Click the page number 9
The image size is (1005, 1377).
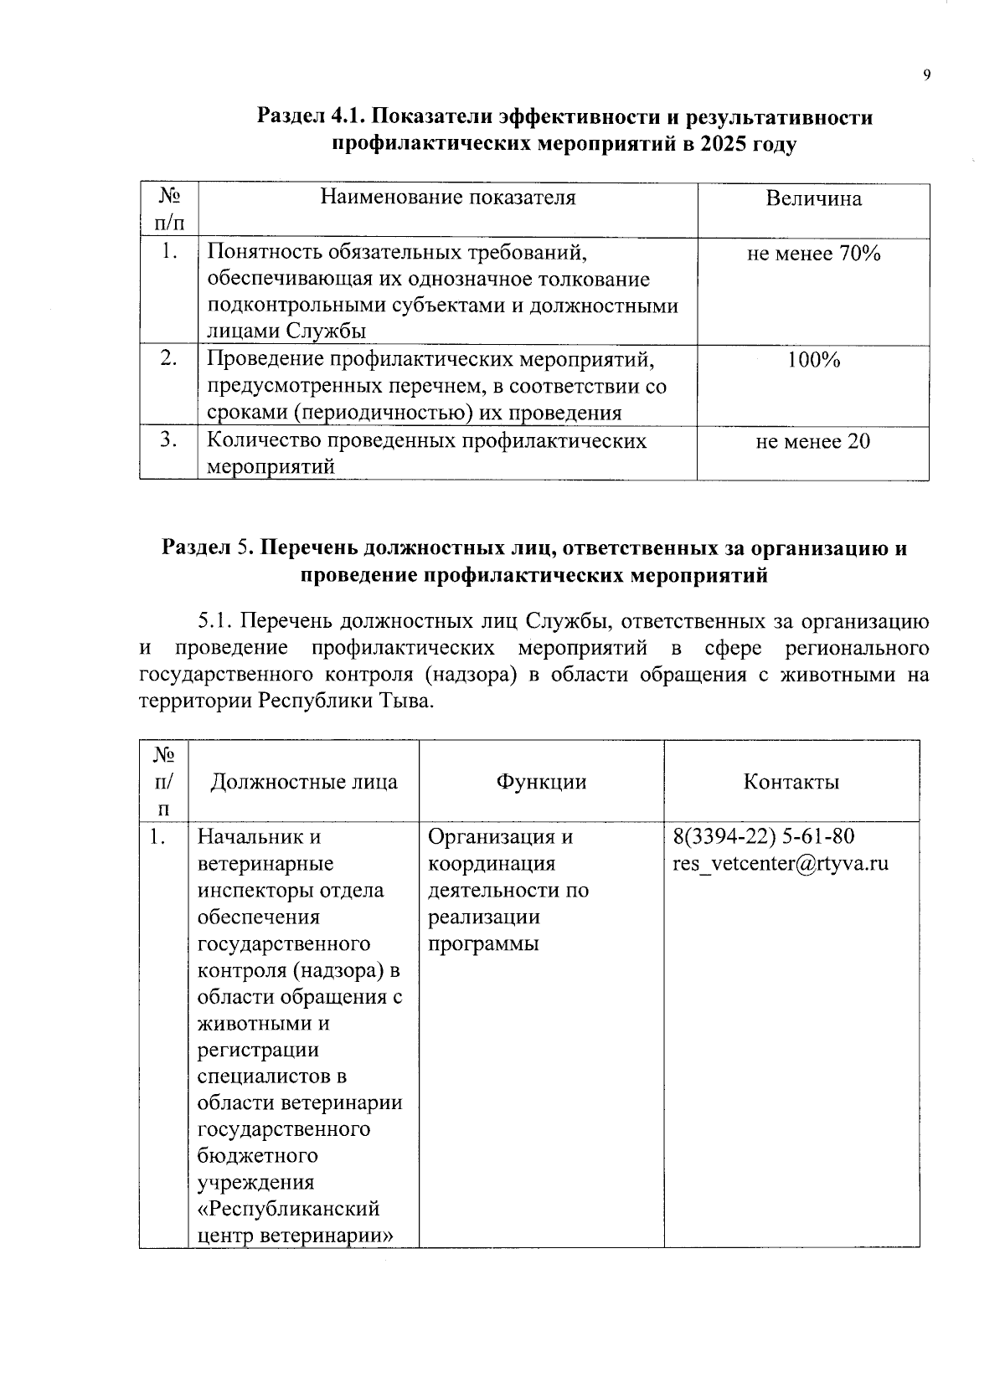pyautogui.click(x=926, y=76)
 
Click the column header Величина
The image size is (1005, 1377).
pyautogui.click(x=813, y=199)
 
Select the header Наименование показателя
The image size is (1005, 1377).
pyautogui.click(x=448, y=198)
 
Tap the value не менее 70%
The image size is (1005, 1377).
pyautogui.click(x=813, y=253)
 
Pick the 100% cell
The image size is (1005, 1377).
pyautogui.click(x=813, y=360)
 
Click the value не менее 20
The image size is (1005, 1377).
pyautogui.click(x=813, y=440)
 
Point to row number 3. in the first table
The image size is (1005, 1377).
pyautogui.click(x=169, y=440)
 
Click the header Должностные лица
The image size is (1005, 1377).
pyautogui.click(x=303, y=782)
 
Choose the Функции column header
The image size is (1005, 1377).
pyautogui.click(x=541, y=782)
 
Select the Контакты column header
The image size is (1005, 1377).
pyautogui.click(x=791, y=782)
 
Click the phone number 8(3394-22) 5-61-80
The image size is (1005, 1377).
pyautogui.click(x=764, y=836)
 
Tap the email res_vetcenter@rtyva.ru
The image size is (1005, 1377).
pyautogui.click(x=780, y=863)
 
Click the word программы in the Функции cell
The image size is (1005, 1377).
pyautogui.click(x=483, y=943)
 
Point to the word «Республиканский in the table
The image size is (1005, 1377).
pyautogui.click(x=289, y=1209)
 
